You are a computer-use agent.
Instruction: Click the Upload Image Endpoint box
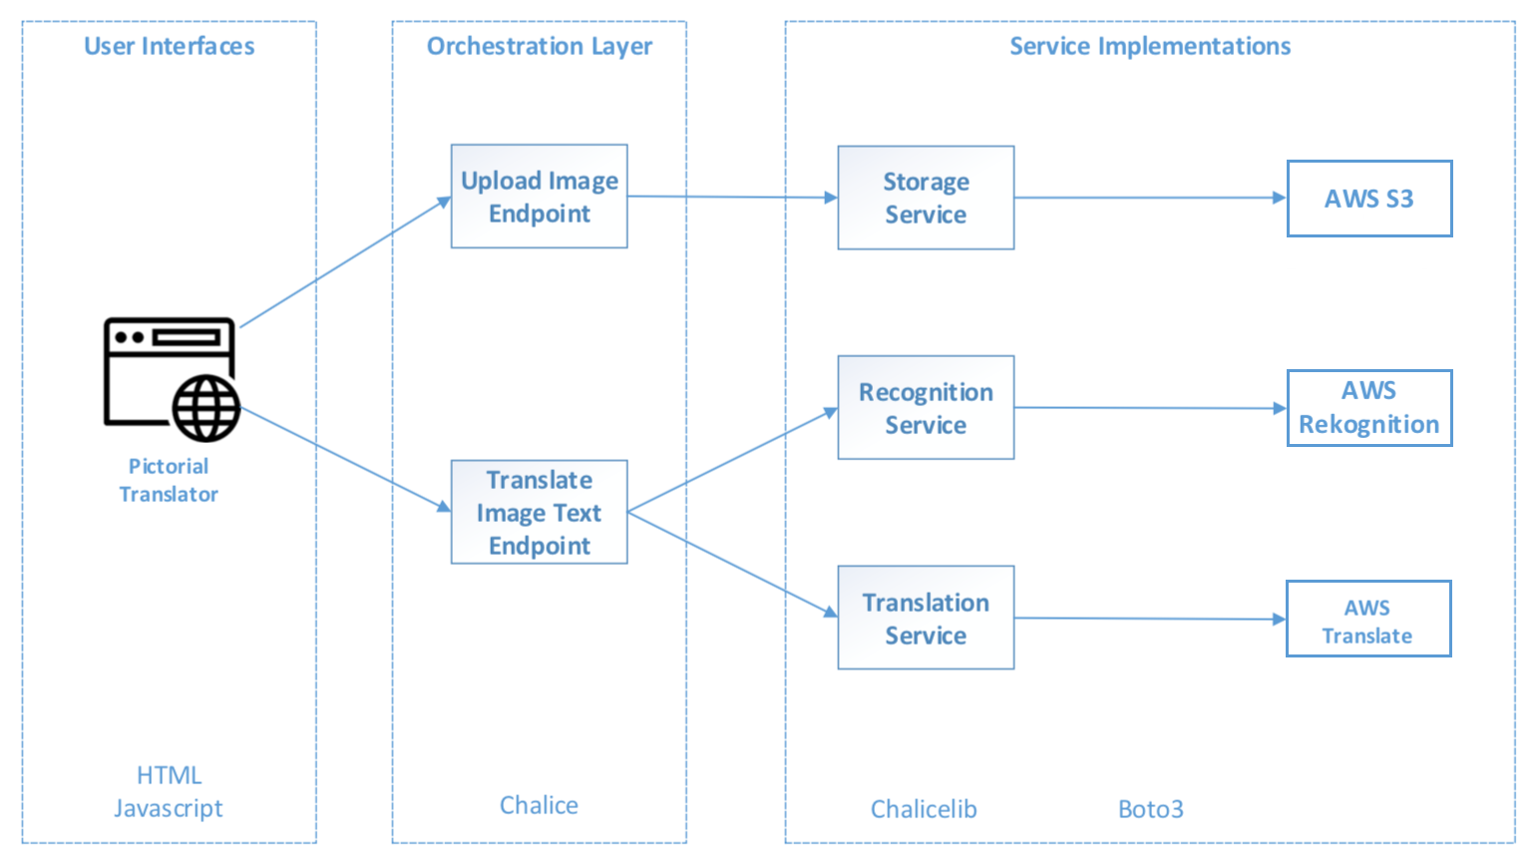(x=540, y=197)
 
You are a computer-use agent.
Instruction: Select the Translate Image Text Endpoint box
(x=540, y=512)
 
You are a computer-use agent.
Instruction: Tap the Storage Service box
(x=926, y=198)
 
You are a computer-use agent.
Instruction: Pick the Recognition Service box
(x=926, y=408)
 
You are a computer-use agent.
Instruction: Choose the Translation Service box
(x=926, y=618)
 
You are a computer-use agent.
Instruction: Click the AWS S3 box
(x=1369, y=199)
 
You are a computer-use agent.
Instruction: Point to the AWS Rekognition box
(x=1369, y=408)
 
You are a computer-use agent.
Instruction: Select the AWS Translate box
(x=1368, y=620)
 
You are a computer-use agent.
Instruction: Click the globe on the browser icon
(x=205, y=408)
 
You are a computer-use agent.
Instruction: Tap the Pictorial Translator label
(x=169, y=480)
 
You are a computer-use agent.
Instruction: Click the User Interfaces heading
(x=169, y=46)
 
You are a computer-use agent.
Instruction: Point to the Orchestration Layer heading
(x=540, y=46)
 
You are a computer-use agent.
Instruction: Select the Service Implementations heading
(x=1150, y=46)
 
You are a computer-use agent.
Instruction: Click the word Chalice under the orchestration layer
(x=539, y=804)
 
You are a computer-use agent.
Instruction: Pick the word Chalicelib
(x=924, y=809)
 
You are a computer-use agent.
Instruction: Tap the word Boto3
(x=1151, y=809)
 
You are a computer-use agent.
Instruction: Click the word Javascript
(x=169, y=809)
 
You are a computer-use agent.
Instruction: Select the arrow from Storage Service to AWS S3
(x=1150, y=198)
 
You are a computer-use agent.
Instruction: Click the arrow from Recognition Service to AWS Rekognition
(x=1150, y=408)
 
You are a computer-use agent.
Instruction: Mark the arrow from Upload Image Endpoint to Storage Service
(x=733, y=197)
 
